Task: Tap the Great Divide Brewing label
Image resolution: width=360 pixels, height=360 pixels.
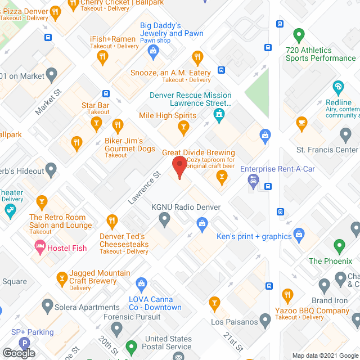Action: point(199,152)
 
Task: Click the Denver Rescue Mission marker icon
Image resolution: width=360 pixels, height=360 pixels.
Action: point(218,116)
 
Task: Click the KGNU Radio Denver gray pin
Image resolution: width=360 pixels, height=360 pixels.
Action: point(165,219)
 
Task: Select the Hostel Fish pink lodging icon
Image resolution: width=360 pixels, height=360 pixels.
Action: point(40,246)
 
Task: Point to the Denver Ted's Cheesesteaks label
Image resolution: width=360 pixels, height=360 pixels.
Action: point(124,240)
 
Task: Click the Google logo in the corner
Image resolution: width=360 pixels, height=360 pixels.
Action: point(18,353)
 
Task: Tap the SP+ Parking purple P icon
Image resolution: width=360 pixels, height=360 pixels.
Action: point(24,343)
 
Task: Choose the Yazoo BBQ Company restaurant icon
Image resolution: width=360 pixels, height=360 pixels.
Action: point(287,295)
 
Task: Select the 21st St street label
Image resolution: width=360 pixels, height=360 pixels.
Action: point(229,339)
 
